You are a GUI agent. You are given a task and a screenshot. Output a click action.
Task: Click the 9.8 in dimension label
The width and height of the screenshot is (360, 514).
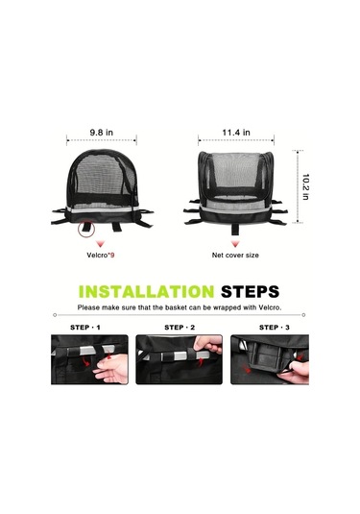[102, 133]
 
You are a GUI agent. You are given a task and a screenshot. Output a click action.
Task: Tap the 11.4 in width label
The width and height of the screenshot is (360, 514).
[236, 133]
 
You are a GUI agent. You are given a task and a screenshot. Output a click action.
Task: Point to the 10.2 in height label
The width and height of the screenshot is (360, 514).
[305, 186]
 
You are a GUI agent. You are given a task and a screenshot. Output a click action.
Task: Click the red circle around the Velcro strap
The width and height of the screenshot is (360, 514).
[86, 229]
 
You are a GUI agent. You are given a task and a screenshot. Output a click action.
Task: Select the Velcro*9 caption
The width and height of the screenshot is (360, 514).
[101, 255]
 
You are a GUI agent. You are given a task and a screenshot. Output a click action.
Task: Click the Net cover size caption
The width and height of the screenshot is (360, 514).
[235, 255]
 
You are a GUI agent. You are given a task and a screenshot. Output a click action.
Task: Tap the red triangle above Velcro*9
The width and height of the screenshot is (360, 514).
[101, 244]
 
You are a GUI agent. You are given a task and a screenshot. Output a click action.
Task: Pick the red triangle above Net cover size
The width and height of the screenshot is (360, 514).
[235, 244]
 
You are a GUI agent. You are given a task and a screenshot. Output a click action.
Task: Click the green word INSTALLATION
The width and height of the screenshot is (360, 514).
[147, 292]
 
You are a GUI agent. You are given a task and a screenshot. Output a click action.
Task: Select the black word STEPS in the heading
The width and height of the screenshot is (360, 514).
[250, 292]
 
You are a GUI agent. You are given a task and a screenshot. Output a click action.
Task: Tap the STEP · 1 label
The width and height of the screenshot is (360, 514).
[85, 328]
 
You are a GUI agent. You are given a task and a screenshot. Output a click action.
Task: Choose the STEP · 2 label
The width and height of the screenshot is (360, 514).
[180, 328]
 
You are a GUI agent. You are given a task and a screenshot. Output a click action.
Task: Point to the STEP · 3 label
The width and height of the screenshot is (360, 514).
[275, 328]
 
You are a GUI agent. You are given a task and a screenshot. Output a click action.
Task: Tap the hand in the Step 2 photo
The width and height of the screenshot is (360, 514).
[207, 344]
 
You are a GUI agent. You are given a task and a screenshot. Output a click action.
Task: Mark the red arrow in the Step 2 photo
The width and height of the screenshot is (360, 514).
[201, 361]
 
